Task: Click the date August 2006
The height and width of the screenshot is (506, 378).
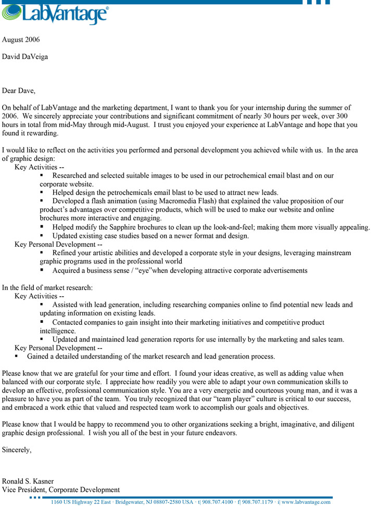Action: [x=21, y=40]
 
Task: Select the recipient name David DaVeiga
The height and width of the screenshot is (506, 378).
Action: [x=25, y=56]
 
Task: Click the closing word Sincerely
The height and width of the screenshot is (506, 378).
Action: [x=17, y=450]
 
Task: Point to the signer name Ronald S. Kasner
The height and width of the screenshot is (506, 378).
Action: [x=28, y=481]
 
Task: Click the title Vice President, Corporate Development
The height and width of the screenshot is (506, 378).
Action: [x=61, y=489]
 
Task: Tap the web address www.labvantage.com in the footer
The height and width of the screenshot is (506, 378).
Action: [x=306, y=502]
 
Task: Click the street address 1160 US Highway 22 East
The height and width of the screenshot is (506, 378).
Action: [x=81, y=502]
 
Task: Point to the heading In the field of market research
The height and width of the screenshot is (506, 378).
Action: [x=47, y=287]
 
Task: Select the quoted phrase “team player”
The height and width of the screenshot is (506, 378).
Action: [x=166, y=399]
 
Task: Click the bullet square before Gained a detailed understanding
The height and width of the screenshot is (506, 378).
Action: [x=16, y=356]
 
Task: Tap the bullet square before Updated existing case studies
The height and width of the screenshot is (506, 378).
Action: [x=42, y=235]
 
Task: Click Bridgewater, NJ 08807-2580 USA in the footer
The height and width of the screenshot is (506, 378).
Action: [x=154, y=502]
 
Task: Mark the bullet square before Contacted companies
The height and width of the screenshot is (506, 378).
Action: [x=42, y=322]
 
